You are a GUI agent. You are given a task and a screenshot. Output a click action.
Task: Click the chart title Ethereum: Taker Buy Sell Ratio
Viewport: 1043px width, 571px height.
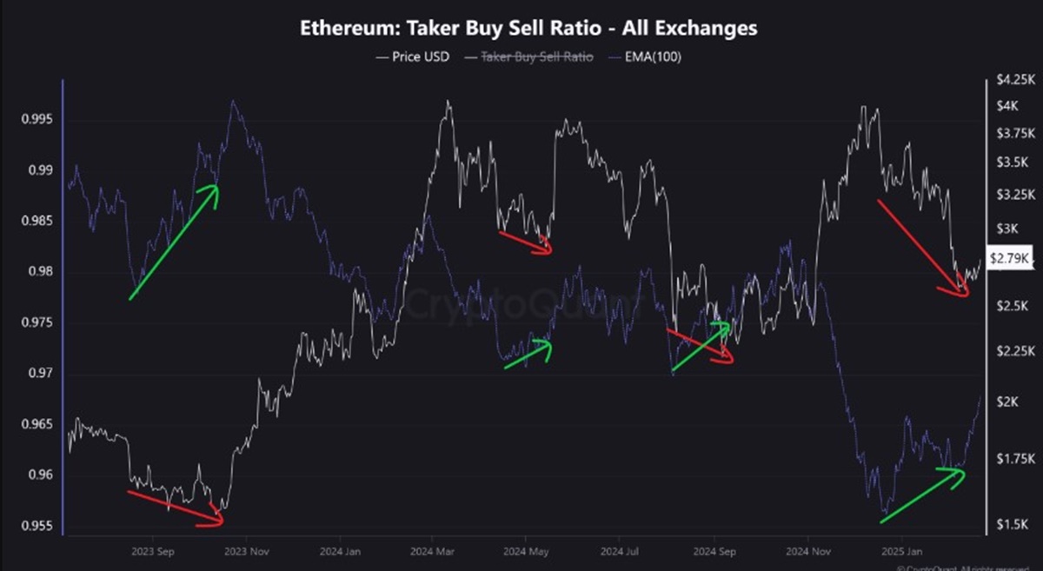click(528, 28)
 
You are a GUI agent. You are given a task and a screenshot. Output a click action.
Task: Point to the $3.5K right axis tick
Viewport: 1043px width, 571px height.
click(1013, 163)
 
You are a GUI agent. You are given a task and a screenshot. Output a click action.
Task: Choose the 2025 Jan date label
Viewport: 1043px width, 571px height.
click(901, 552)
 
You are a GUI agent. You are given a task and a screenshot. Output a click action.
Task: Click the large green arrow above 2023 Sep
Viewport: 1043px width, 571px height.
click(173, 242)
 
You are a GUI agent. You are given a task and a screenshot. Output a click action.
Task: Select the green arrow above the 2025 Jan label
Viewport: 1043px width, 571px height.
click(922, 495)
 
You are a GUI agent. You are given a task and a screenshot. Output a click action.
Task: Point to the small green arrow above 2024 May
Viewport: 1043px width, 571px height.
click(528, 354)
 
